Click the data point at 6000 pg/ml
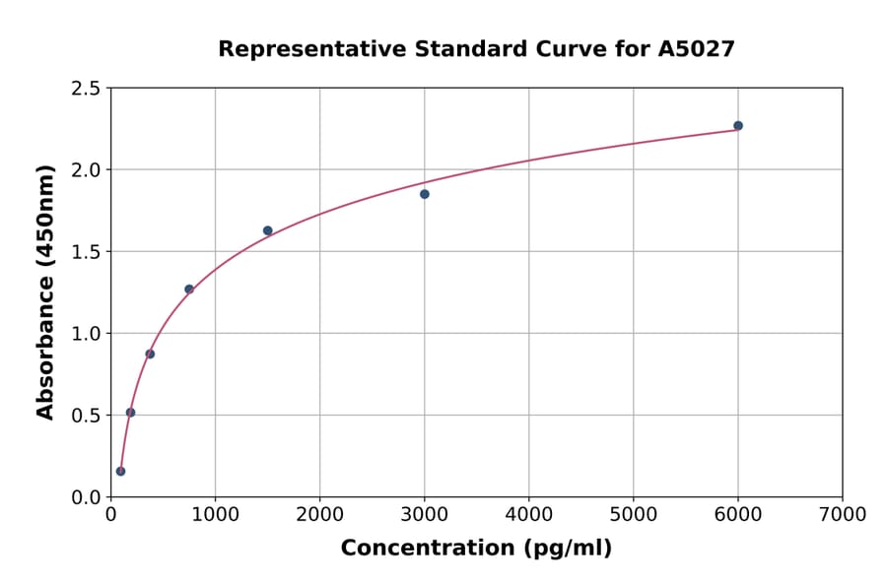pos(738,126)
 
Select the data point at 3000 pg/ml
pos(425,194)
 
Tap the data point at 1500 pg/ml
pos(268,230)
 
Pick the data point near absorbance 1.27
pos(189,290)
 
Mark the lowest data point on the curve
pos(121,471)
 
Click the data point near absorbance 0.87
pos(150,354)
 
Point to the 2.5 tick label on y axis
pos(86,89)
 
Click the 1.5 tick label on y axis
pos(86,252)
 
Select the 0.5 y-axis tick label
pos(86,416)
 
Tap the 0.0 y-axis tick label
pos(86,497)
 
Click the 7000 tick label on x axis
pos(842,514)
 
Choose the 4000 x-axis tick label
pos(528,514)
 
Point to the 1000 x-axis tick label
pos(215,514)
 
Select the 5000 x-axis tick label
pos(633,514)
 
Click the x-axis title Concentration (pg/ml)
pos(476,549)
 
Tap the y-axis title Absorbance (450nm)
pos(45,292)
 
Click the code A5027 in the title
pos(697,48)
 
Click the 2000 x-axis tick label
pos(319,514)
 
